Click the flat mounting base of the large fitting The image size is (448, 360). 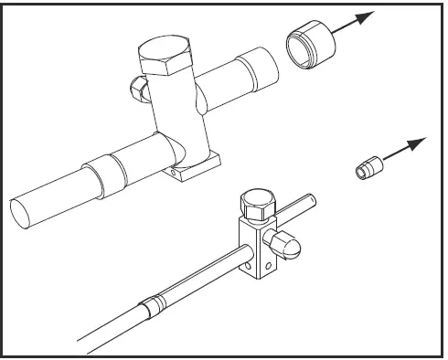(x=196, y=166)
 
